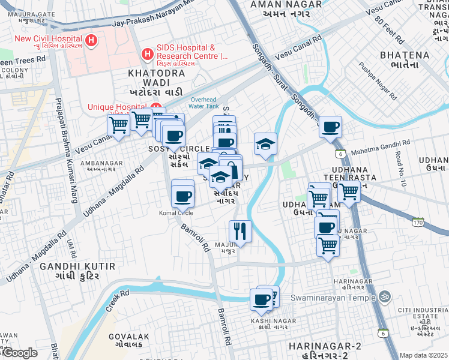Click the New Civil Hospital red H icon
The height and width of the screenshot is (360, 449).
coord(91,41)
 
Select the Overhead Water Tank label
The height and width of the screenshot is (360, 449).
coord(205,103)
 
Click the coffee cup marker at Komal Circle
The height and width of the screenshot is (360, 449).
coord(182,196)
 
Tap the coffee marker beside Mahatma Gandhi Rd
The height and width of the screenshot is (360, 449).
coord(330,127)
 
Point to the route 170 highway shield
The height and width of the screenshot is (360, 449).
coord(418,223)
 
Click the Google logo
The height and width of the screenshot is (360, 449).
coord(19,353)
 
